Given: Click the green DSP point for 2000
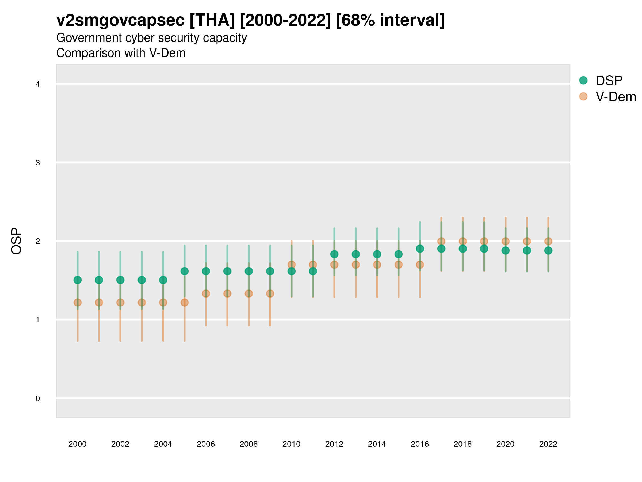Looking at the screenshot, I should pyautogui.click(x=78, y=280).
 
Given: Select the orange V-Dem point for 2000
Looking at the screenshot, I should pyautogui.click(x=78, y=302).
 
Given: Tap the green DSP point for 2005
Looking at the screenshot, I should pyautogui.click(x=185, y=271).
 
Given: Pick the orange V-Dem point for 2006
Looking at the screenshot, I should pyautogui.click(x=206, y=293).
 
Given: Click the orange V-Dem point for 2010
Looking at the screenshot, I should pyautogui.click(x=291, y=265).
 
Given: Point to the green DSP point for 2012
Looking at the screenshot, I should pyautogui.click(x=334, y=254).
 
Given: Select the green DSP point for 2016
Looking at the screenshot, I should pyautogui.click(x=420, y=249).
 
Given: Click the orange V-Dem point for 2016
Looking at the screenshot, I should pyautogui.click(x=420, y=265).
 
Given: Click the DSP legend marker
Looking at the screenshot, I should pyautogui.click(x=583, y=80).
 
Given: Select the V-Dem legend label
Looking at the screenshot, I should pyautogui.click(x=616, y=97).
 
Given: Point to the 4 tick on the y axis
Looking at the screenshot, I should pyautogui.click(x=38, y=84).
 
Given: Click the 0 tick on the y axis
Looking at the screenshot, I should pyautogui.click(x=38, y=398).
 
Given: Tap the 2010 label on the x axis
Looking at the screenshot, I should pyautogui.click(x=291, y=444).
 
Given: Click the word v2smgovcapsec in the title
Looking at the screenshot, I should pyautogui.click(x=120, y=20).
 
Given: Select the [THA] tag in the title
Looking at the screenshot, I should pyautogui.click(x=212, y=20).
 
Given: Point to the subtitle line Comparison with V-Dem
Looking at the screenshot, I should pyautogui.click(x=121, y=53).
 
